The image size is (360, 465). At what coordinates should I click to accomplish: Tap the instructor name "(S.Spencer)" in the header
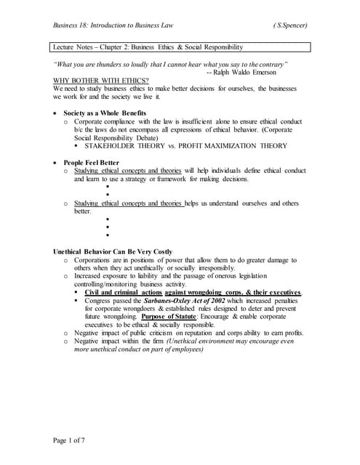(x=290, y=25)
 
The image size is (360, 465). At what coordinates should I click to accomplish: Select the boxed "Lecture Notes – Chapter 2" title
(x=148, y=47)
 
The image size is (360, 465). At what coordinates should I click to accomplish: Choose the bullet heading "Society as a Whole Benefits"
(x=105, y=113)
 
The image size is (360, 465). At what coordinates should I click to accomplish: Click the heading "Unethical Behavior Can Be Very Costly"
(x=113, y=251)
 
